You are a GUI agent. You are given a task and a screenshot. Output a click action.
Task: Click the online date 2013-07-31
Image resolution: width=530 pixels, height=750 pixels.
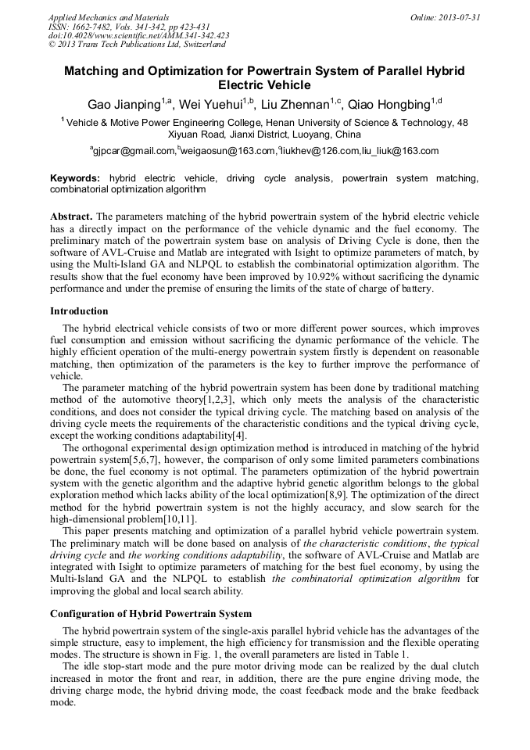point(460,17)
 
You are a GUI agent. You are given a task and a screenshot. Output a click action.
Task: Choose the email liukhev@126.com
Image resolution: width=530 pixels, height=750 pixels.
point(320,151)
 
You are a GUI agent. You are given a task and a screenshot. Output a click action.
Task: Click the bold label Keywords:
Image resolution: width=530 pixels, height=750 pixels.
point(75,178)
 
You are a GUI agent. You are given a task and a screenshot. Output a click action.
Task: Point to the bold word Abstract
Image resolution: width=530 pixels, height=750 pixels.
point(72,216)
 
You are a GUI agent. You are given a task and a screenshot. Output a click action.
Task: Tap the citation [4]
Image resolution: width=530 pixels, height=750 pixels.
point(238,435)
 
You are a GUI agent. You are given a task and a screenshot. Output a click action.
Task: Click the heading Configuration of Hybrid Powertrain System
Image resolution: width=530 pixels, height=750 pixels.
point(151,614)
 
